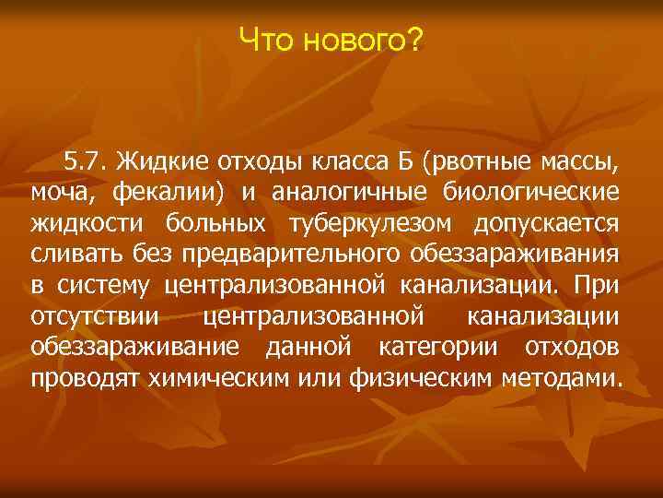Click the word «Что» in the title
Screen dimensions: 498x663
265,40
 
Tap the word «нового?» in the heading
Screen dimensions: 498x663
364,40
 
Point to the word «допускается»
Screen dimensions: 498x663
547,225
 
